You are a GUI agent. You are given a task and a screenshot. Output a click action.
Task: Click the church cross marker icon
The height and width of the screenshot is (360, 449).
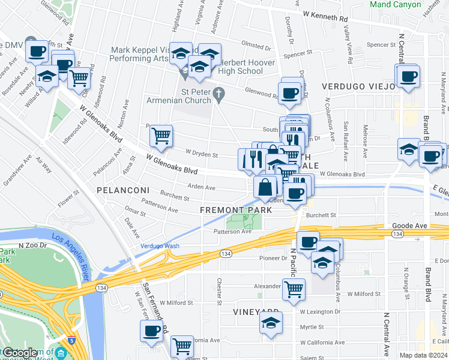click(219, 94)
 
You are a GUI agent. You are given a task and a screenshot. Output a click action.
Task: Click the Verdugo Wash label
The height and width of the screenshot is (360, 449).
click(160, 246)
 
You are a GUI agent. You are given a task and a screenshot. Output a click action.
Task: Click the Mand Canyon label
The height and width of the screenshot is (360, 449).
click(396, 4)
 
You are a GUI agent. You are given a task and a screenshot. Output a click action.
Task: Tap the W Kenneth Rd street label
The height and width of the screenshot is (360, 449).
click(325, 16)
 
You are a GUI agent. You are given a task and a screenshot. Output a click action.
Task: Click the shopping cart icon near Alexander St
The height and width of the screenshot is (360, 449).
click(294, 289)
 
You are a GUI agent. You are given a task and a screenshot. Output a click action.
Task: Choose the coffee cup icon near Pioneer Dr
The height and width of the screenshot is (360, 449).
click(308, 242)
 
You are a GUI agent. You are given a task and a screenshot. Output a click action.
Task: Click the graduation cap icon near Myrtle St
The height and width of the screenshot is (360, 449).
click(271, 323)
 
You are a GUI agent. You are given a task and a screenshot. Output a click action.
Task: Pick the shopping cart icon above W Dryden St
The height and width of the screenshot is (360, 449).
click(161, 136)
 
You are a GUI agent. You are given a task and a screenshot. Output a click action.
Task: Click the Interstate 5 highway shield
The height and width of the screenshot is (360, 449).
click(71, 340)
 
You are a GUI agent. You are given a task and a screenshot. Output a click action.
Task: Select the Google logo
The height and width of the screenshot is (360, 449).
click(19, 353)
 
